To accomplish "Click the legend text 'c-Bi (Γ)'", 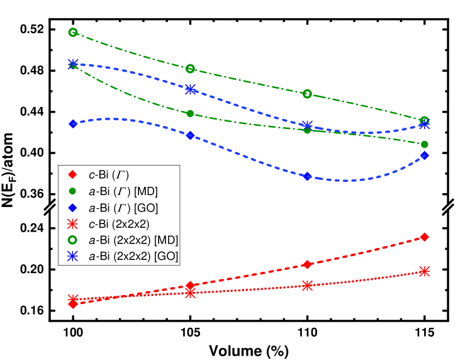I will pyautogui.click(x=108, y=174).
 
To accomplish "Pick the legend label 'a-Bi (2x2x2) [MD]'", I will pyautogui.click(x=133, y=240).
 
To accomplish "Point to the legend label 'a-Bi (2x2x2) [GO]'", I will pyautogui.click(x=133, y=256).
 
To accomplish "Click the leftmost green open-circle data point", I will pyautogui.click(x=73, y=32).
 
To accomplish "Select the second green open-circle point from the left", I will pyautogui.click(x=190, y=69).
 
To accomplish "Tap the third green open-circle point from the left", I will pyautogui.click(x=307, y=94).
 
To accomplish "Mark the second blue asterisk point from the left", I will pyautogui.click(x=190, y=89).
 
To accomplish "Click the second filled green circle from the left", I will pyautogui.click(x=190, y=114).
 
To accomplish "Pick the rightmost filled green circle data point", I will pyautogui.click(x=425, y=144).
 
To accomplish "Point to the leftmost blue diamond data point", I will pyautogui.click(x=73, y=123).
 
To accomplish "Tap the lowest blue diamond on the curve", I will pyautogui.click(x=308, y=176).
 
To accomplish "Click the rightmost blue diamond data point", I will pyautogui.click(x=425, y=155).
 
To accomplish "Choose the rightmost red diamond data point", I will pyautogui.click(x=425, y=237).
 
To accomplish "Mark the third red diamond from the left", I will pyautogui.click(x=307, y=264).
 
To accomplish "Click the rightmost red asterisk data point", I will pyautogui.click(x=425, y=271).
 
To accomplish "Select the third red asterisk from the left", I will pyautogui.click(x=307, y=285).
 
